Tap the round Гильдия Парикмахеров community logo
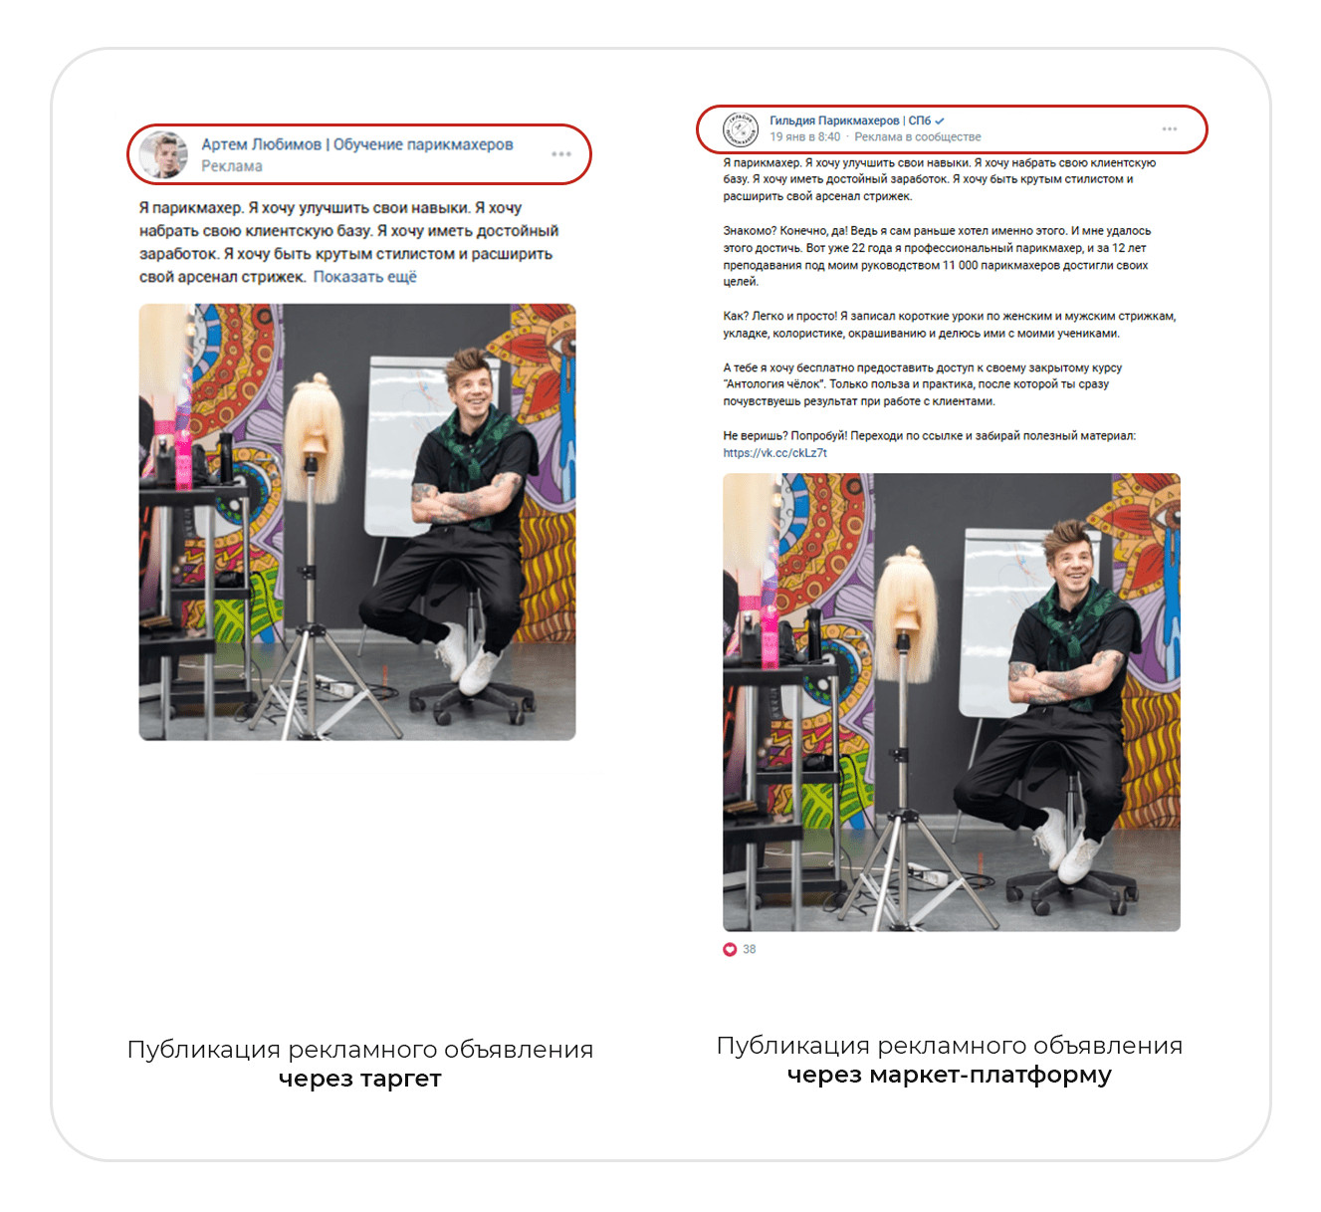[x=741, y=129]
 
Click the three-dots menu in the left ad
[x=561, y=154]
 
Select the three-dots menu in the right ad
[x=1169, y=129]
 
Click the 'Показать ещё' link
[x=364, y=277]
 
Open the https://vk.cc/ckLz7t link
[x=774, y=453]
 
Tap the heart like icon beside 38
[x=730, y=949]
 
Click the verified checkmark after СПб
[x=940, y=121]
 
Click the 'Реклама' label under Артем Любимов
[x=232, y=166]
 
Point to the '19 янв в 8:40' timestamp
[x=804, y=137]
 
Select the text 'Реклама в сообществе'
[x=917, y=137]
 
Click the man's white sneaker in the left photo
[x=481, y=669]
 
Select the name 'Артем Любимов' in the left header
[x=262, y=145]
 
